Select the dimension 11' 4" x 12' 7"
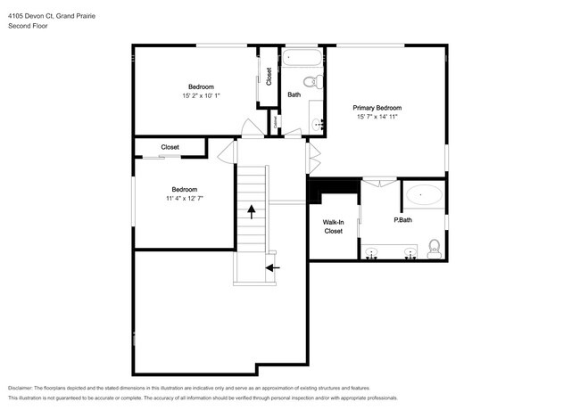click(x=185, y=199)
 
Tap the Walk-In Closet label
click(x=333, y=225)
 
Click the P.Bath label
click(x=402, y=220)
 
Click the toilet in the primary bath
click(x=435, y=246)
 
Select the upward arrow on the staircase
click(x=252, y=211)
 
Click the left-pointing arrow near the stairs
click(x=272, y=266)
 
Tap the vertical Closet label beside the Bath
click(x=269, y=77)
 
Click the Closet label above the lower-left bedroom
click(x=170, y=147)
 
